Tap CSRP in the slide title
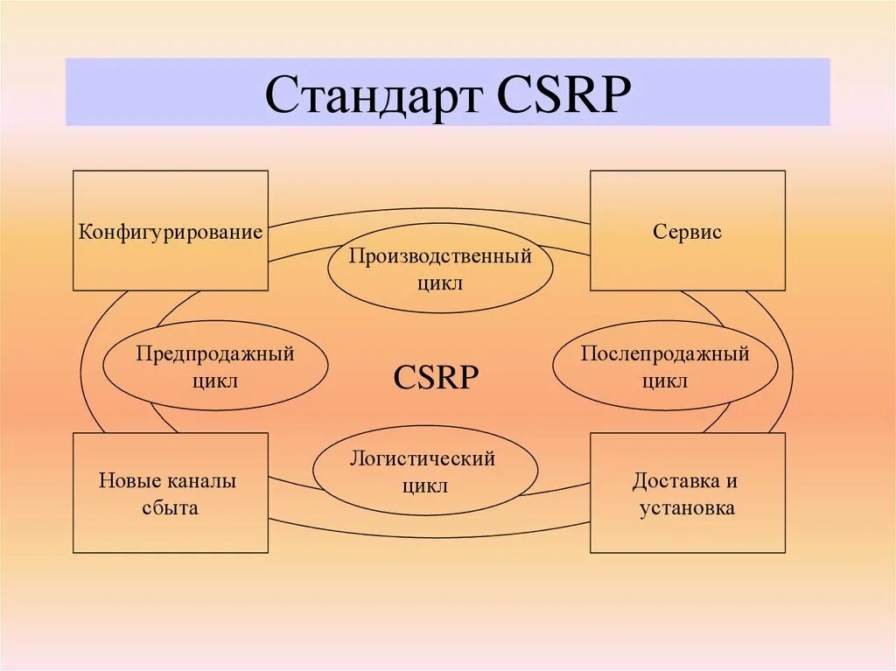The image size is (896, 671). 564,94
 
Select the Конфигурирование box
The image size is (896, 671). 171,231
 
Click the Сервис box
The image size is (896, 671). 687,231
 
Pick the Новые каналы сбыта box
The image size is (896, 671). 171,493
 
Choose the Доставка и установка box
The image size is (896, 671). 687,493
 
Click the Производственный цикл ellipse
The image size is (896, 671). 440,269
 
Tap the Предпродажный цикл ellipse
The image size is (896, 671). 215,366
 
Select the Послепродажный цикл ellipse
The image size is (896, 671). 665,366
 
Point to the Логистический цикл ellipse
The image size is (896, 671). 424,471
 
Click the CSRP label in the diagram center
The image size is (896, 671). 436,378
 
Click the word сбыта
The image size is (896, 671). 170,507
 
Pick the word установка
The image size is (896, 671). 687,507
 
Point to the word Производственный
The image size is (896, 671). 440,256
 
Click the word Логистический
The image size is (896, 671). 423,458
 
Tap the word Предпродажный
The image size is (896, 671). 215,353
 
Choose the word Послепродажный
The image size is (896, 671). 665,353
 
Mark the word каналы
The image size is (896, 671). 202,481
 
